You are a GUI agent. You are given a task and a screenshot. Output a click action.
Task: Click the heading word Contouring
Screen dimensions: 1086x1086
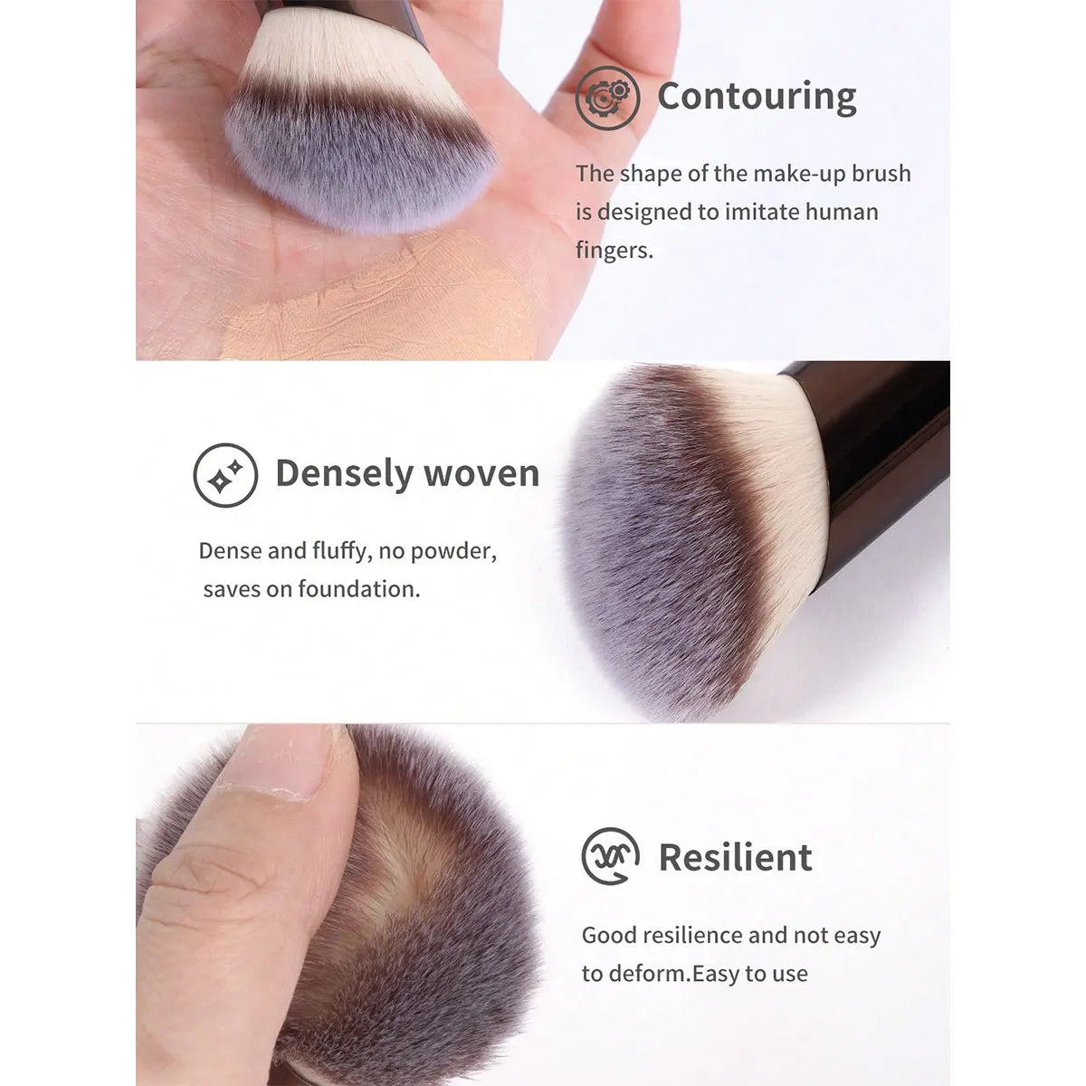[757, 97]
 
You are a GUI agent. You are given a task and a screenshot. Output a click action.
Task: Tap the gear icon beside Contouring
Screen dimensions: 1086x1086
[607, 98]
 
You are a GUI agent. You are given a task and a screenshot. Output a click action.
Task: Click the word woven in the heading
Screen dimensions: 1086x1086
[481, 474]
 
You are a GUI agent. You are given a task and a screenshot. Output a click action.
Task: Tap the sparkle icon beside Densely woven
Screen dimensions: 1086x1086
[225, 475]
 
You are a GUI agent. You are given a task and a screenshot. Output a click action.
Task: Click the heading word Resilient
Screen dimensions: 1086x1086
[735, 858]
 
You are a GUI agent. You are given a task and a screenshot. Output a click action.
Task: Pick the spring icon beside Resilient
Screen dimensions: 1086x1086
[610, 857]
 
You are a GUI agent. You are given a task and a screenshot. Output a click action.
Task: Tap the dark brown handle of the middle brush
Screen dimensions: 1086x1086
[879, 468]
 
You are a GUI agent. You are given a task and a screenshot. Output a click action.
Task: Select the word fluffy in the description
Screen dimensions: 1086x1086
[342, 551]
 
